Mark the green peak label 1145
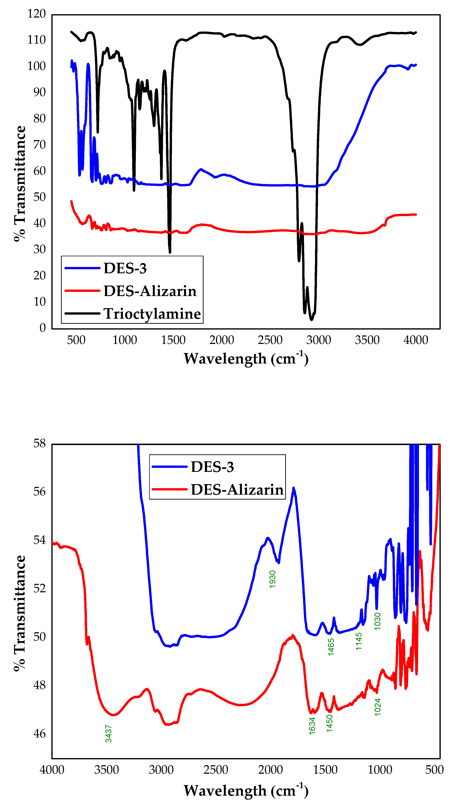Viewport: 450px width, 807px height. (x=359, y=641)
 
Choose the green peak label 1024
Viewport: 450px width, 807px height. (x=378, y=707)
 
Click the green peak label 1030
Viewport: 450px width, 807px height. (x=378, y=621)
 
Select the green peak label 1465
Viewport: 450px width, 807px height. (x=331, y=647)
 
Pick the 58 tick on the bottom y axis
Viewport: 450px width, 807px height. (x=39, y=444)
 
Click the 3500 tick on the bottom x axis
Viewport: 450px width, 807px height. (x=107, y=770)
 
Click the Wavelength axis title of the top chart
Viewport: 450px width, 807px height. (x=246, y=358)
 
